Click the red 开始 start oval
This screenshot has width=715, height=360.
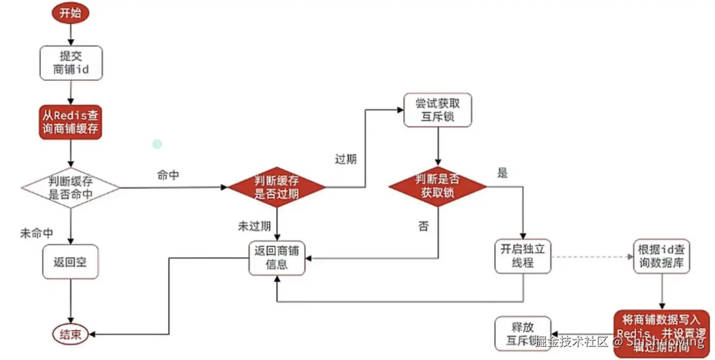pyautogui.click(x=70, y=13)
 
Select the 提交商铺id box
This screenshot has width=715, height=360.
pyautogui.click(x=71, y=63)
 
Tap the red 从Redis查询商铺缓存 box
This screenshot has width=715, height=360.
pyautogui.click(x=71, y=122)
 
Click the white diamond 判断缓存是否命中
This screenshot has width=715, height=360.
pyautogui.click(x=71, y=188)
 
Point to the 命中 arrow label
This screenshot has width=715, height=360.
pyautogui.click(x=168, y=175)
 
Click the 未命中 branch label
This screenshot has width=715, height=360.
pyautogui.click(x=36, y=233)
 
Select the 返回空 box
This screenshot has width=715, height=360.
pyautogui.click(x=70, y=262)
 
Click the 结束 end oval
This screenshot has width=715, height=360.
pyautogui.click(x=70, y=335)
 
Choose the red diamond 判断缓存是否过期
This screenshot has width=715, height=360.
pyautogui.click(x=277, y=187)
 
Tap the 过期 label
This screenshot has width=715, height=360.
pyautogui.click(x=345, y=160)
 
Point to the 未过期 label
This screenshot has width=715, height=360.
pyautogui.click(x=254, y=226)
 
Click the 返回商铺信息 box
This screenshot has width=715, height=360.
pyautogui.click(x=277, y=258)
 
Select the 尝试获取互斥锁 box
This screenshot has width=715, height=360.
pyautogui.click(x=437, y=110)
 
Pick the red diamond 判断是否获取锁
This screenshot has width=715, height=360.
pyautogui.click(x=437, y=186)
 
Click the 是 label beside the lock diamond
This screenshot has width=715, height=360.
pyautogui.click(x=503, y=173)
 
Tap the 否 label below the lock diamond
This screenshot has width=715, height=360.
pyautogui.click(x=423, y=227)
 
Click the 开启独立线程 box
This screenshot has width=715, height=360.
pyautogui.click(x=522, y=256)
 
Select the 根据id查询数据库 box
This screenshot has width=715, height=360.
pyautogui.click(x=661, y=256)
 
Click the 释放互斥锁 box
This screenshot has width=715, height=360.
pyautogui.click(x=522, y=334)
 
